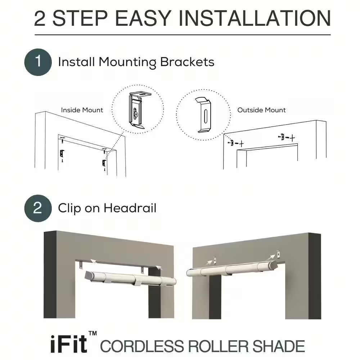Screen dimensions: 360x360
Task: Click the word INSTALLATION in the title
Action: [255, 18]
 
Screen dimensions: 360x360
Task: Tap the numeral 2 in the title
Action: [40, 18]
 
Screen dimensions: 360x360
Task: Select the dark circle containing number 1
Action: [38, 62]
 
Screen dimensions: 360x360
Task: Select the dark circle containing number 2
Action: [38, 208]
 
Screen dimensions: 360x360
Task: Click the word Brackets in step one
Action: [187, 62]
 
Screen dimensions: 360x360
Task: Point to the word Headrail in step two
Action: [130, 208]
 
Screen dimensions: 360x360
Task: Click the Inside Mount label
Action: [82, 110]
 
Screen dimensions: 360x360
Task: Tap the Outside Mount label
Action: [261, 110]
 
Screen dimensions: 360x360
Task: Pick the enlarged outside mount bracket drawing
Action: [203, 115]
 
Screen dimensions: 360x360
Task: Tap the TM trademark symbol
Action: [93, 333]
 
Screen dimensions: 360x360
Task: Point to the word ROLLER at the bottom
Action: [218, 346]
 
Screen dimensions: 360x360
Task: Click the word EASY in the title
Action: [143, 18]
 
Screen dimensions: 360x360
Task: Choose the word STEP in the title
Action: [80, 18]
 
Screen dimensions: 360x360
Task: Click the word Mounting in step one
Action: [127, 62]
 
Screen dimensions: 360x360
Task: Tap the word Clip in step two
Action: [69, 208]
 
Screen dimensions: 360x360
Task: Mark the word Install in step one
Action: [76, 62]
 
